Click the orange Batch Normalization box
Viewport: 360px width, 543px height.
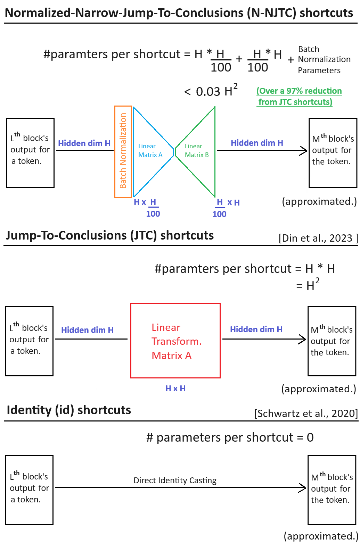tap(123, 151)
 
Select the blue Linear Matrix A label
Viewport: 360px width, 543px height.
tap(150, 151)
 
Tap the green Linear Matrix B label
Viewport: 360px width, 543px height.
tap(197, 151)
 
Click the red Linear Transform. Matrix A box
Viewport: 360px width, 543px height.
tap(175, 341)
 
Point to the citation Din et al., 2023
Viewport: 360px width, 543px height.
tap(318, 238)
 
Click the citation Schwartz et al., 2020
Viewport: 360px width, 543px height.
tap(306, 413)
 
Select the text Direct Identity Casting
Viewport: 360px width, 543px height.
tap(175, 481)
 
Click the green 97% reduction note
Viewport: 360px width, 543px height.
tap(299, 97)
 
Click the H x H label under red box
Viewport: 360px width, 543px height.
tap(175, 389)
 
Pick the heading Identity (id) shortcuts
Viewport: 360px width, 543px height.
tap(69, 410)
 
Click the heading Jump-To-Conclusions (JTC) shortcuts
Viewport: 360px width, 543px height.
tap(110, 235)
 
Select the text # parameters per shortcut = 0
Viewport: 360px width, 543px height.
tap(230, 437)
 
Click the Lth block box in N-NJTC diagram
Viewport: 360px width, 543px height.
tap(30, 153)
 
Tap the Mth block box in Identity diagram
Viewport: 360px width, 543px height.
tap(332, 490)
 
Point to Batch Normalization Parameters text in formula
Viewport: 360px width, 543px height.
tap(324, 60)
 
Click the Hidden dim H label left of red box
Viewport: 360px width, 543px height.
tap(87, 330)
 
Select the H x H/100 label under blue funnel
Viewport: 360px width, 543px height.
tap(148, 207)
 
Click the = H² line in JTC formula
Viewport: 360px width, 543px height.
tap(308, 285)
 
